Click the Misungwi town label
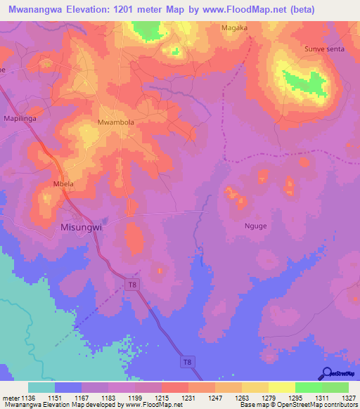coord(82,227)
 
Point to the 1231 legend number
coord(188,398)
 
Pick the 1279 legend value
coord(268,398)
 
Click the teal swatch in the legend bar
coord(41,387)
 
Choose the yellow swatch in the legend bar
coord(281,387)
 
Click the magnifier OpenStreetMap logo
coord(326,373)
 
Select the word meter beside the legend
coord(10,398)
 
